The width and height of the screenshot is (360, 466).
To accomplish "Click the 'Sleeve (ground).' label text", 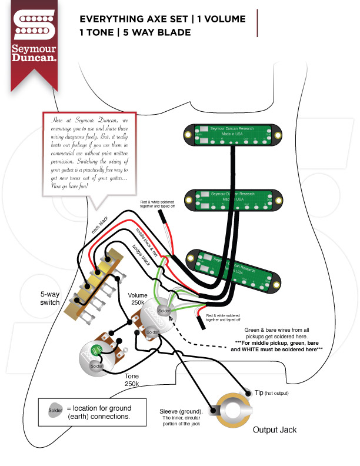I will pyautogui.click(x=181, y=411).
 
